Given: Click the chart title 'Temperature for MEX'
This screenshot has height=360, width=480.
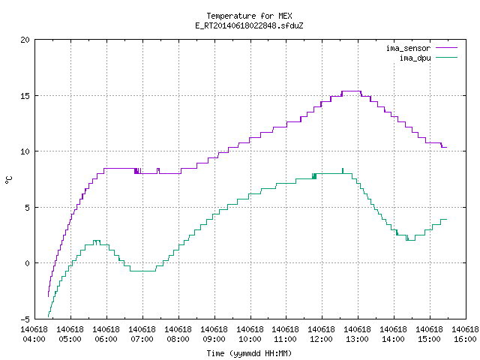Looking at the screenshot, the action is point(249,16).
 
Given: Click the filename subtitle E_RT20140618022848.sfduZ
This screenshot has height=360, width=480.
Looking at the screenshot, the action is point(249,25).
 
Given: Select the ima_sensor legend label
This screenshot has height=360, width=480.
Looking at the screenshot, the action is point(408,48).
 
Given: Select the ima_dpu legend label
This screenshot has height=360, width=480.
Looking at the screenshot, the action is point(415,58).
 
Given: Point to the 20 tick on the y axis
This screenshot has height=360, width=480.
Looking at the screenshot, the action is point(25,40).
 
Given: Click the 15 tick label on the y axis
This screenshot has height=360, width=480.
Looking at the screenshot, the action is point(25,96).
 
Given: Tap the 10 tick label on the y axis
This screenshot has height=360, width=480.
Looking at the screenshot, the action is point(25,151).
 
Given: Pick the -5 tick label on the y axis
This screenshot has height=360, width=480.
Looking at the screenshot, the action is point(25,319).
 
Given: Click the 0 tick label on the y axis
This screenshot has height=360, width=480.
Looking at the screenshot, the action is point(27,263).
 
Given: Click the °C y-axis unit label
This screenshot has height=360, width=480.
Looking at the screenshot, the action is point(8,180).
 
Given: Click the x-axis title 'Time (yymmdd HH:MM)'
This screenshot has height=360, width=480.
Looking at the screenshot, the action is point(249,353).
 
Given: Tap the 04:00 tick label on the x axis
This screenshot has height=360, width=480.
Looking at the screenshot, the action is point(34,340).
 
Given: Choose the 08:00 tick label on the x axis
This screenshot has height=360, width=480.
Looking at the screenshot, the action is point(178,340).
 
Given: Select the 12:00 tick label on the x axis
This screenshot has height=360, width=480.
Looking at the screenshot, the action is point(322,340).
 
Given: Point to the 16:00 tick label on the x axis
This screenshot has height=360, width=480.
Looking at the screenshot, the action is point(465,340).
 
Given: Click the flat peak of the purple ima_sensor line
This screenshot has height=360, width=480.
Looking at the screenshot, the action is point(352,91).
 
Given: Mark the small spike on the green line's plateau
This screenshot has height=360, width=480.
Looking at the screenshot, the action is point(343,171).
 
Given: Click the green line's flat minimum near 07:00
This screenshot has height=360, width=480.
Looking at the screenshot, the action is point(142,271).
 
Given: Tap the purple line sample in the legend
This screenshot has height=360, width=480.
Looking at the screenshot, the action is point(447,48).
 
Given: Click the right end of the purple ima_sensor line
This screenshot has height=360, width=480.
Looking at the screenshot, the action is point(447,147).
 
